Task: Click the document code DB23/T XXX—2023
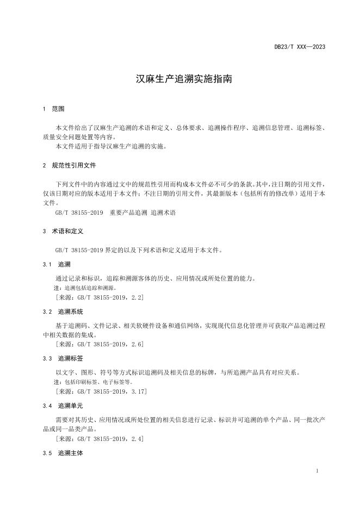pyautogui.click(x=300, y=47)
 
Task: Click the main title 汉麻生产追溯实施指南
pyautogui.click(x=184, y=79)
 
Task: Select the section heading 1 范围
pyautogui.click(x=53, y=109)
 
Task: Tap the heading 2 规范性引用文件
pyautogui.click(x=69, y=165)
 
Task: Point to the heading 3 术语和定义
pyautogui.click(x=63, y=231)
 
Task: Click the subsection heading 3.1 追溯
pyautogui.click(x=57, y=264)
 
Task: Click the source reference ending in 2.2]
pyautogui.click(x=100, y=297)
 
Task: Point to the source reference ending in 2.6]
pyautogui.click(x=100, y=344)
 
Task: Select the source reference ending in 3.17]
pyautogui.click(x=101, y=391)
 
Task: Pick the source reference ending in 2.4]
pyautogui.click(x=100, y=438)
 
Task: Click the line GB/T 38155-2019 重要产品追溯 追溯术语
pyautogui.click(x=115, y=213)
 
